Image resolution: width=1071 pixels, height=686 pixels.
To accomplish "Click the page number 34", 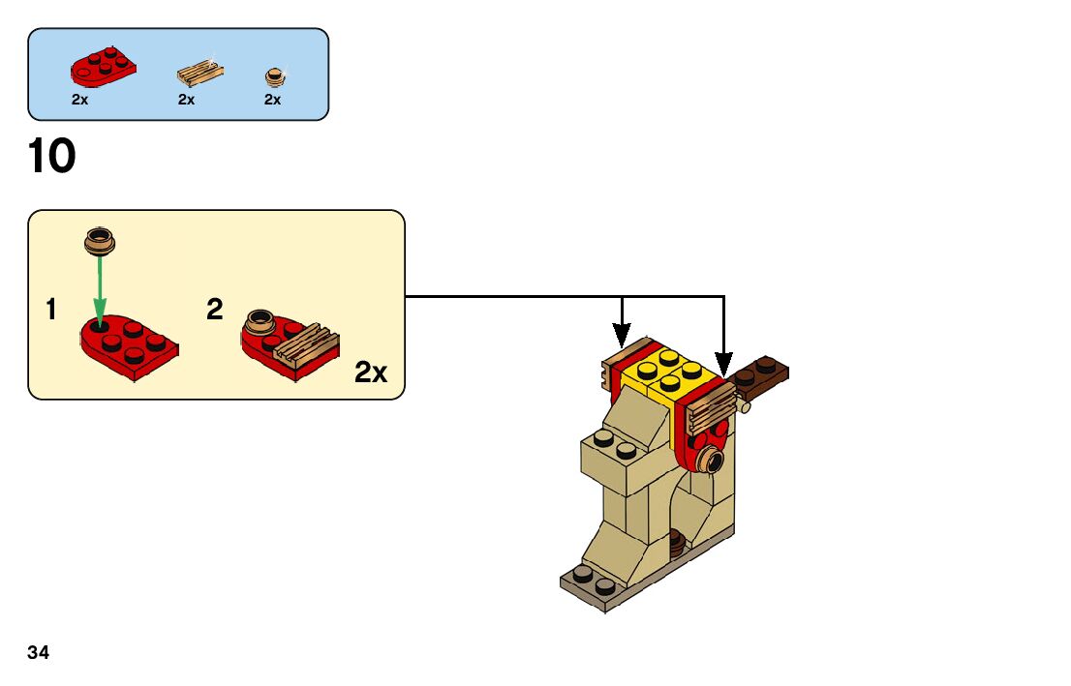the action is [39, 652].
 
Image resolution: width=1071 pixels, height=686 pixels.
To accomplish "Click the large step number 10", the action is [51, 157].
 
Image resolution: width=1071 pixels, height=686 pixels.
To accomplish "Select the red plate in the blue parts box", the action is [102, 67].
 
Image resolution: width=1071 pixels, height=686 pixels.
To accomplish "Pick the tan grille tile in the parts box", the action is [200, 74].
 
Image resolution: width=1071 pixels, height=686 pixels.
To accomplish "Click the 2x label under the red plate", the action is [79, 100].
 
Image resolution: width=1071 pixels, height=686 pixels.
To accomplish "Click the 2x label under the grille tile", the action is [186, 100].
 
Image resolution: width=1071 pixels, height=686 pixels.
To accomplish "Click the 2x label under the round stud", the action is [272, 100].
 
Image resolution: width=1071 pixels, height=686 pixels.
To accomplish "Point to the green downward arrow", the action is [100, 290].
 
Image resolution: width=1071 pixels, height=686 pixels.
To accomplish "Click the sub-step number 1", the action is [50, 311].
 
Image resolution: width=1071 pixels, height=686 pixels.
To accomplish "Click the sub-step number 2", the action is [215, 310].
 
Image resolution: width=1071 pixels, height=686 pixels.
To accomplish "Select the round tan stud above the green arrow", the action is [100, 239].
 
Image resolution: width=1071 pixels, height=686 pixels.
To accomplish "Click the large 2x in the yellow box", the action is [371, 373].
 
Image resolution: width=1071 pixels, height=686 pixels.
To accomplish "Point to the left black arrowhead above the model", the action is [623, 340].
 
